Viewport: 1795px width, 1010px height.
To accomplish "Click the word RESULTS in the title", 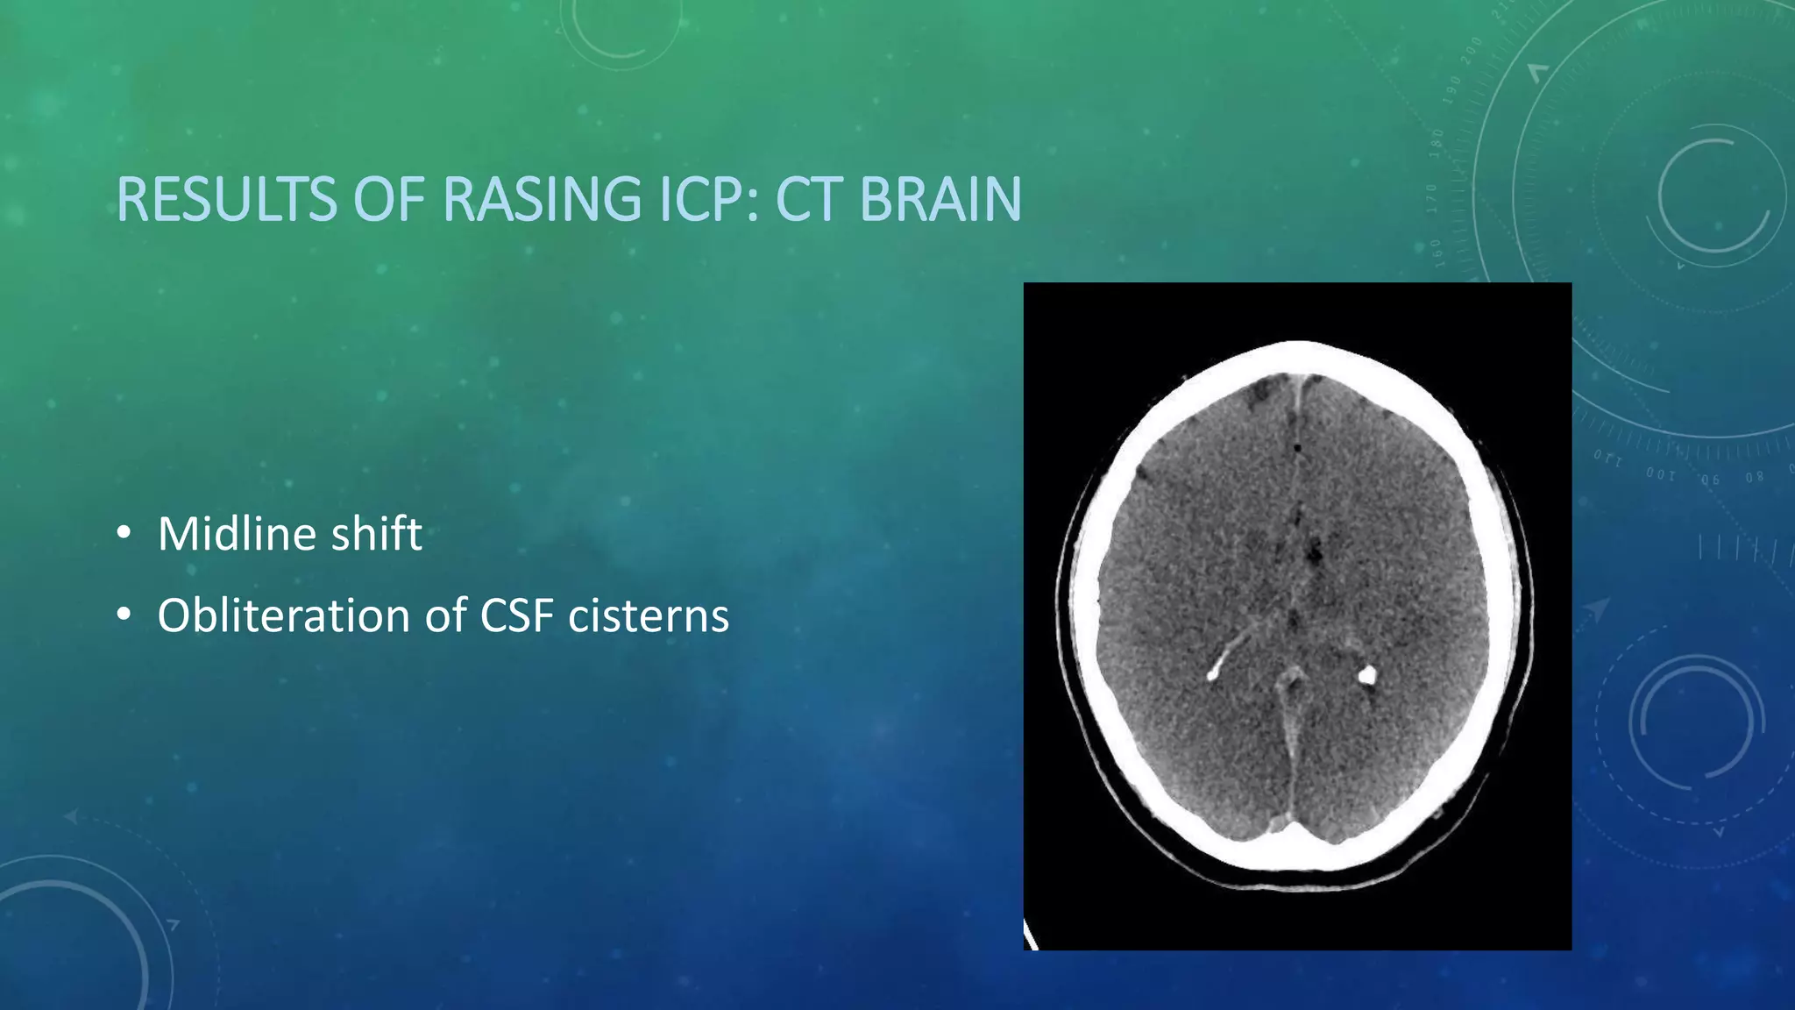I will [226, 200].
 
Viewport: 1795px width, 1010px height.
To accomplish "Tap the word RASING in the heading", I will [543, 200].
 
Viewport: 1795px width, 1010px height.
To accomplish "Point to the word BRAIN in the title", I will [940, 200].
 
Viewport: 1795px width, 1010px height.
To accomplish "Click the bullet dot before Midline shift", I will [124, 534].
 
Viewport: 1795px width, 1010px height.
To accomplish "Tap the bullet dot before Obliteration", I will [124, 615].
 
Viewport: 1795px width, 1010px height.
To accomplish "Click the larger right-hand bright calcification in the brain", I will [1366, 674].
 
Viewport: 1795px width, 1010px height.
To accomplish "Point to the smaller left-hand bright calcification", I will [1214, 673].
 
